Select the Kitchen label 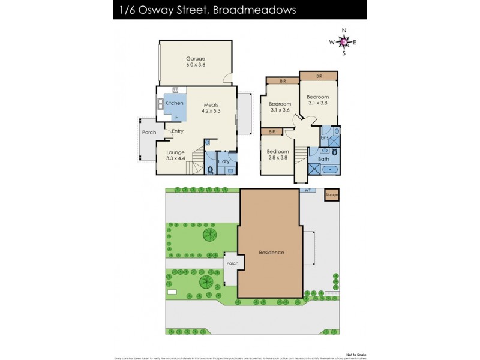point(174,103)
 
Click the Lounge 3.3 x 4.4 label point(175,155)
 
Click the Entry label point(178,131)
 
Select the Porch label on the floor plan point(148,133)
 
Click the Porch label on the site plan point(232,263)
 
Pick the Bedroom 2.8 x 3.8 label point(278,155)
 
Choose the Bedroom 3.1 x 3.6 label point(280,106)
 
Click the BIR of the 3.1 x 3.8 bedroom point(319,77)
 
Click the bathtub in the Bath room point(330,169)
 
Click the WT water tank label point(307,190)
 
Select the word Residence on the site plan point(271,252)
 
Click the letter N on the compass point(344,30)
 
